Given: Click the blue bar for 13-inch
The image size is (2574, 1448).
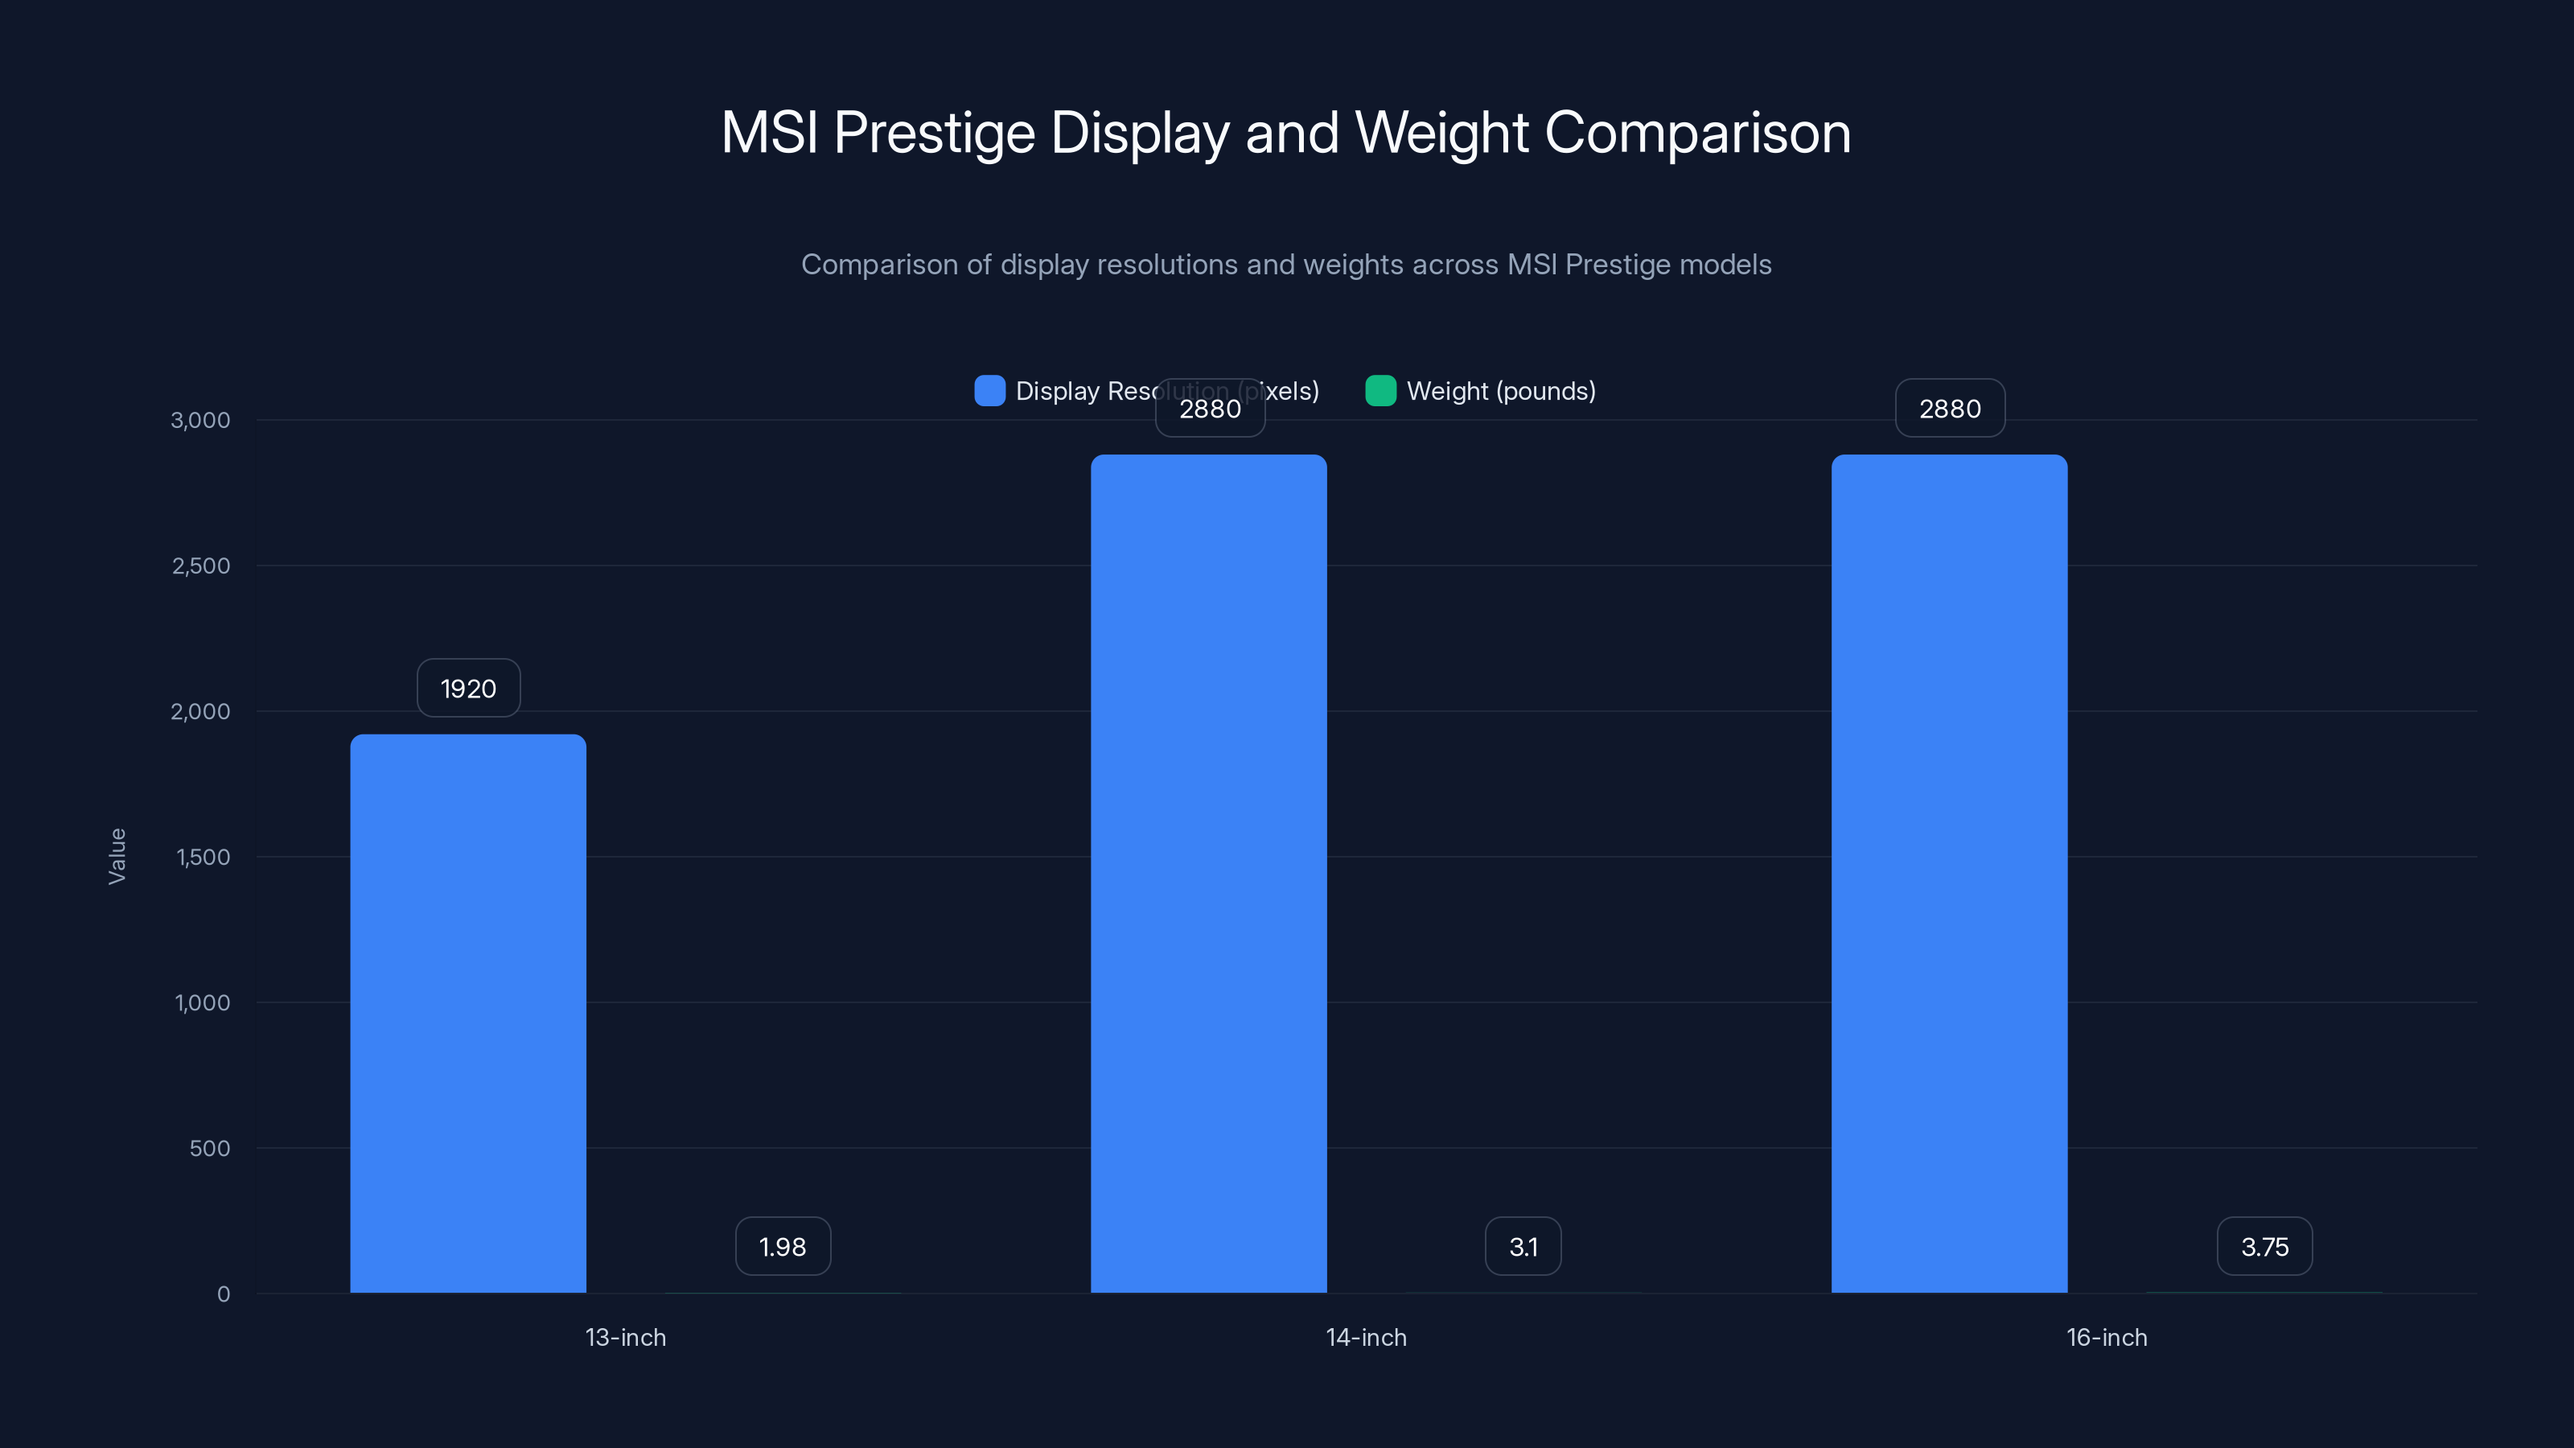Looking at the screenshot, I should (467, 1014).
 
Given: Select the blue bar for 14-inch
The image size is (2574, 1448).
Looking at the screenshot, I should (1208, 874).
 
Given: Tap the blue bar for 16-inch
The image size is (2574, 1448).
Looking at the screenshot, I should (1948, 874).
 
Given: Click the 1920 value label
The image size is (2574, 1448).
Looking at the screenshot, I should (467, 689).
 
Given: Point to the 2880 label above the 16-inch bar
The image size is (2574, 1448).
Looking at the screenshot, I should (1950, 409).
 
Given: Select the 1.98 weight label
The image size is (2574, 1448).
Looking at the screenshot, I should (783, 1246).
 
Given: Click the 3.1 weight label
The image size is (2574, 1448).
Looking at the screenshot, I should (1523, 1246).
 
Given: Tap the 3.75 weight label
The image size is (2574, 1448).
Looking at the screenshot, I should (2264, 1246).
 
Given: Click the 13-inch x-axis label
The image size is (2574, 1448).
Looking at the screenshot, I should (626, 1337).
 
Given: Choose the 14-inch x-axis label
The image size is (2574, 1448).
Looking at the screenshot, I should (1366, 1337).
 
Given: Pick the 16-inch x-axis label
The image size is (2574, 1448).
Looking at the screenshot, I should (2107, 1337).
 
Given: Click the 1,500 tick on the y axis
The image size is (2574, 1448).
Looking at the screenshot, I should (203, 857).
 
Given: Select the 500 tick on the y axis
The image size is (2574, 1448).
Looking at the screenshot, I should (210, 1148).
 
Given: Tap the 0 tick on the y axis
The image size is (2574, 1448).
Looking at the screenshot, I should (224, 1294).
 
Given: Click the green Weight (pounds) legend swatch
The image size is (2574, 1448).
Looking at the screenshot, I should (1380, 391).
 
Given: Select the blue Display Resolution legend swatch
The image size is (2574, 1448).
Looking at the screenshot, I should (989, 391).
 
